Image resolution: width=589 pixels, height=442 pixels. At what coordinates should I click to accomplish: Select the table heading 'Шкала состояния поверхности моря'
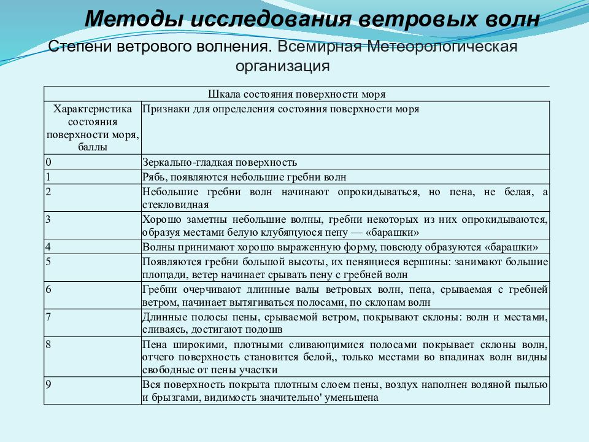pos(296,95)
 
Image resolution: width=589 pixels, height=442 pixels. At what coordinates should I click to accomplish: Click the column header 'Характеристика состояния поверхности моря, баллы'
pos(93,128)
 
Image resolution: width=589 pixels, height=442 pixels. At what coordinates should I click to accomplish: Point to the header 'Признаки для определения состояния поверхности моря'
pos(281,109)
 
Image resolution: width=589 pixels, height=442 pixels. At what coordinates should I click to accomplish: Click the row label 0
pos(48,162)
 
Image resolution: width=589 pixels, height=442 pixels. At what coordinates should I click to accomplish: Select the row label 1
pos(48,177)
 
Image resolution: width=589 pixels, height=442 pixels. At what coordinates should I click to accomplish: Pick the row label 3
pos(48,219)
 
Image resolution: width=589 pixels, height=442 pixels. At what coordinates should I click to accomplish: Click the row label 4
pos(48,247)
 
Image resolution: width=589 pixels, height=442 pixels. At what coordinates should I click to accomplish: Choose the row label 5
pos(48,260)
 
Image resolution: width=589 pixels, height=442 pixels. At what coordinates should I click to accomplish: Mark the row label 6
pos(48,289)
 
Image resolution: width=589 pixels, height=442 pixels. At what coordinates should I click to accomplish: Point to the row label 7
pos(48,316)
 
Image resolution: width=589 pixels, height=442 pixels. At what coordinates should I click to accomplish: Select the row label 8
pos(48,344)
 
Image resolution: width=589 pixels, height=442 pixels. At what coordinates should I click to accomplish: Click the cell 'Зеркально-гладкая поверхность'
pos(220,163)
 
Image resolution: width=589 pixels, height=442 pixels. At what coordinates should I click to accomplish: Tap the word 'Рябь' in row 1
pos(152,177)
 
